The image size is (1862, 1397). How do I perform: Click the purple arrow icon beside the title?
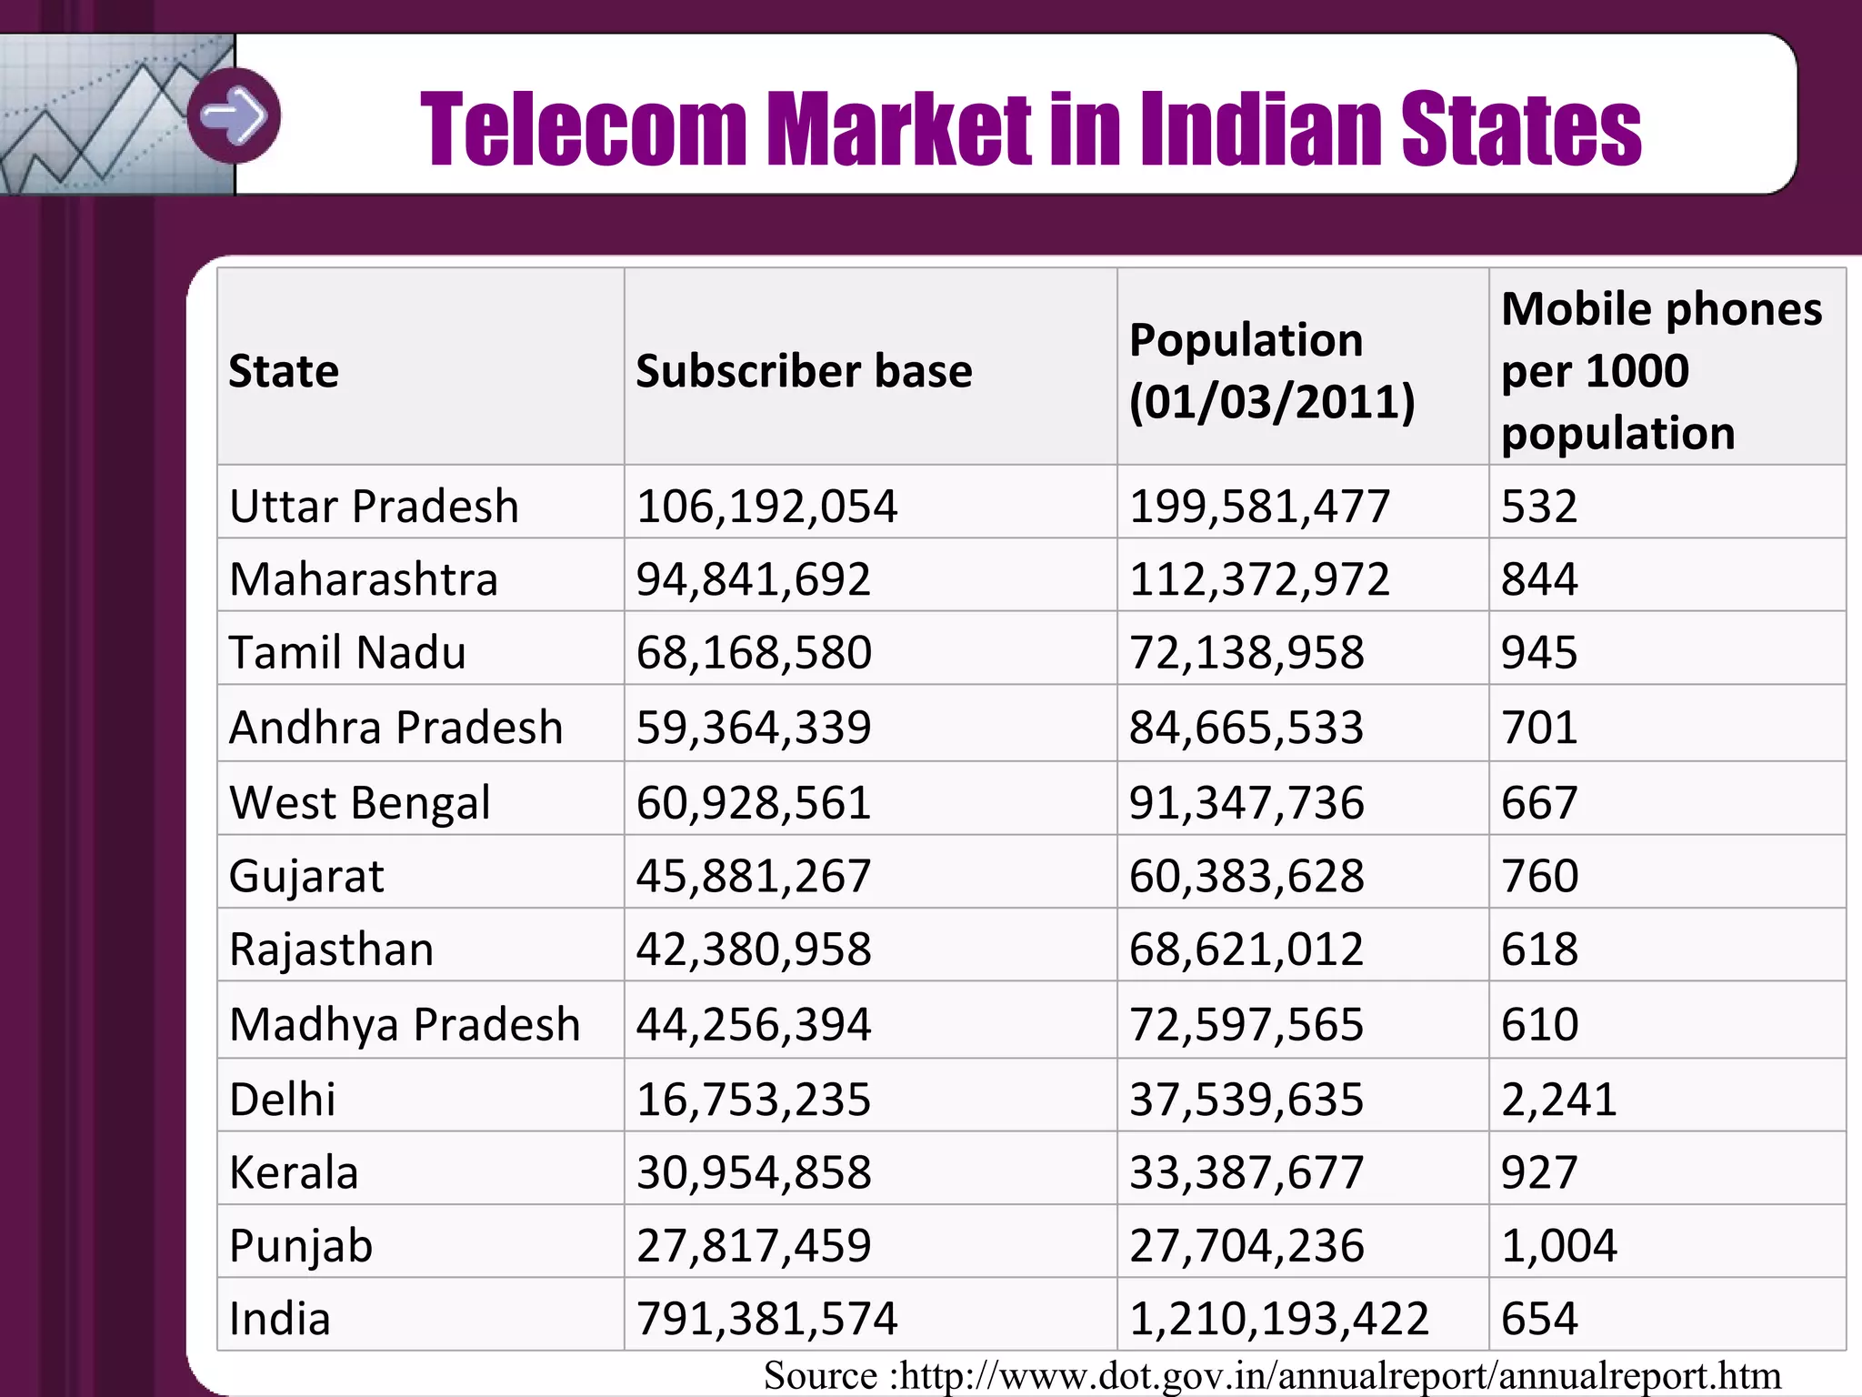235,116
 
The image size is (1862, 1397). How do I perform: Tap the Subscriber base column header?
803,371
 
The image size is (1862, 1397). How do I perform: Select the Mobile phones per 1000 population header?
1661,370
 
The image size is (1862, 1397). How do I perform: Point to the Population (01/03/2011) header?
1271,370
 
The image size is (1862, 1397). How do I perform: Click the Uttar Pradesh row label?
374,506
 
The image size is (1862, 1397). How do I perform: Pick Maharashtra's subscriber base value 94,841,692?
753,579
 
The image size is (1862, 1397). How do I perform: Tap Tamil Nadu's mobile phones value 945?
1538,652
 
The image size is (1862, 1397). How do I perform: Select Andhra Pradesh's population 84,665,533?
1246,727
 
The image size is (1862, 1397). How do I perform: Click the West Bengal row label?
359,802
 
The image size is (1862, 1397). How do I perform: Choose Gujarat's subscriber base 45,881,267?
753,875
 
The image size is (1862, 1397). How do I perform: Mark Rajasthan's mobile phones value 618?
1538,949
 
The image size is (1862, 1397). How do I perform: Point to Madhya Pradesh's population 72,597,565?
1246,1024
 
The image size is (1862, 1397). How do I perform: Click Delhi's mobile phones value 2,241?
1558,1099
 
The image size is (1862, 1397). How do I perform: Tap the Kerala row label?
294,1172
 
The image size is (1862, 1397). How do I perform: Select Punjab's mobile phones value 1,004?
1558,1245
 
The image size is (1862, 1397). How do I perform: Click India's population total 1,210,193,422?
1278,1318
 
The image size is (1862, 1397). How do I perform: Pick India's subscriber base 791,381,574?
766,1318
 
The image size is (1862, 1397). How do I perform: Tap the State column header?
284,371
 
